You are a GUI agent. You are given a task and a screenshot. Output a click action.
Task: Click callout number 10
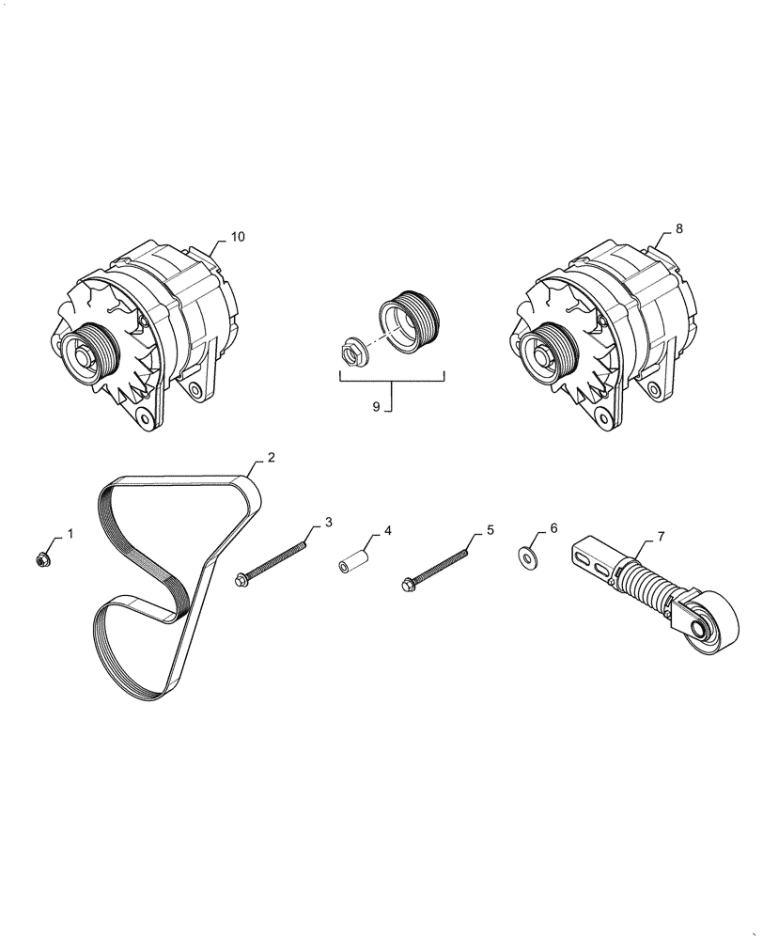coord(237,237)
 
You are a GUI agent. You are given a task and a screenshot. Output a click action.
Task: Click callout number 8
coord(679,228)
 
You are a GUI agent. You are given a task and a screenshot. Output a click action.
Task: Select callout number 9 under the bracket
coord(376,407)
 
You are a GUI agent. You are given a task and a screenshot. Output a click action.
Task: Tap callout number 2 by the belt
coord(271,458)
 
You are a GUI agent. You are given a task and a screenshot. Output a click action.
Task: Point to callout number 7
coord(661,537)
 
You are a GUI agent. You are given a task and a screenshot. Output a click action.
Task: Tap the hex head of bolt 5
coord(410,584)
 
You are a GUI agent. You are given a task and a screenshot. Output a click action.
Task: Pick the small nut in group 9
coord(352,350)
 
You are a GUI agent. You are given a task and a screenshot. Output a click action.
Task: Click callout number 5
coord(490,532)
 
